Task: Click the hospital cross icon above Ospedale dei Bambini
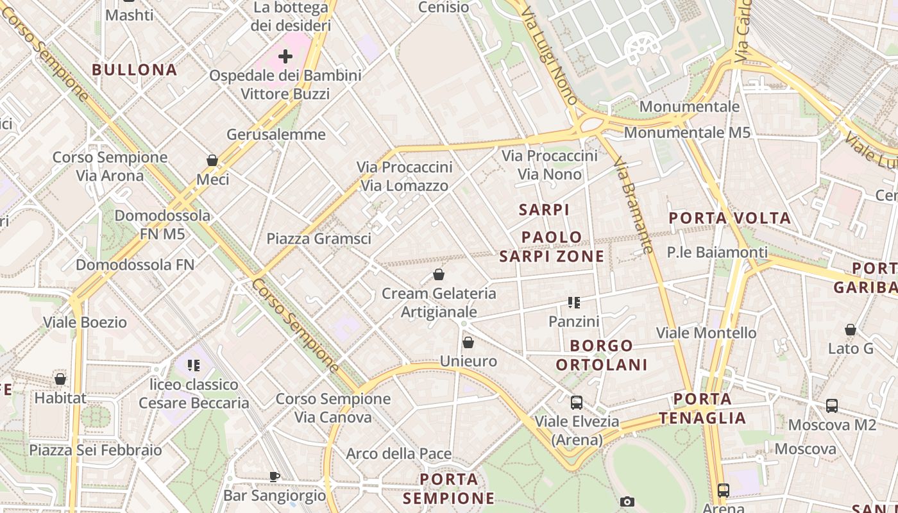[x=285, y=56]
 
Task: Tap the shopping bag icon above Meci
[x=212, y=160]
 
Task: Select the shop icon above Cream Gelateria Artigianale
[x=439, y=275]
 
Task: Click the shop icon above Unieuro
[x=468, y=343]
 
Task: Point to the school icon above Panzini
[x=574, y=303]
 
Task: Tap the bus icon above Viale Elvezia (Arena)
[x=577, y=403]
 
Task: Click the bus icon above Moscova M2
[x=832, y=406]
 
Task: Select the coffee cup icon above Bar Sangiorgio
[x=275, y=476]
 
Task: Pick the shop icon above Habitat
[x=60, y=380]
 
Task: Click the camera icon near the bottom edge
[x=627, y=502]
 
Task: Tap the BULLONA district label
[x=134, y=70]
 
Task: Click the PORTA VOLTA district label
[x=730, y=218]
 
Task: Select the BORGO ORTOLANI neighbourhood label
[x=601, y=355]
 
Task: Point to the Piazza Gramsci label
[x=319, y=239]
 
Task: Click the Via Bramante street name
[x=633, y=206]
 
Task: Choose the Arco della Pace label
[x=399, y=454]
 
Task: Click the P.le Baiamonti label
[x=717, y=252]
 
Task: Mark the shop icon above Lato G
[x=851, y=330]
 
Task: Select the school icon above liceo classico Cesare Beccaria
[x=194, y=366]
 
